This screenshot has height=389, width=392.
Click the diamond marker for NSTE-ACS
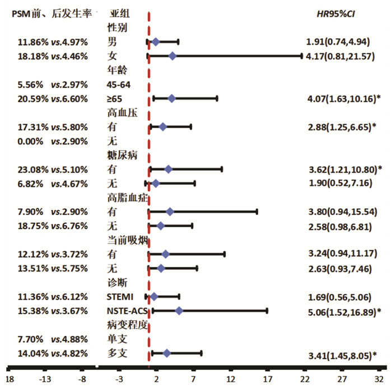179,311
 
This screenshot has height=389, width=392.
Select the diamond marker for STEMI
154,297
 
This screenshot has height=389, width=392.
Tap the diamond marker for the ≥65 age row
171,99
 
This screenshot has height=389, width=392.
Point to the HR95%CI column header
336,14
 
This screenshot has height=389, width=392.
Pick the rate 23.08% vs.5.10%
53,170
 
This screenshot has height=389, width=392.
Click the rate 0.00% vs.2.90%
53,142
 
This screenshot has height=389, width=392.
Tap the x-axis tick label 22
305,379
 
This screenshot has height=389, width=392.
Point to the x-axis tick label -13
45,379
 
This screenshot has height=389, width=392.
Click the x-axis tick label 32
379,379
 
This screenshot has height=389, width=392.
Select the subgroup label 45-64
119,85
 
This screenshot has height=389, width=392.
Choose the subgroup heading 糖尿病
122,156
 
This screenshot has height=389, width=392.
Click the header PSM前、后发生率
52,14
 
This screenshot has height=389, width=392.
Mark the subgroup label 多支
117,353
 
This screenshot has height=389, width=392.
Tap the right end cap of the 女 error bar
301,56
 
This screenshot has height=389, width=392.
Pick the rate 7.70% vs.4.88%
53,340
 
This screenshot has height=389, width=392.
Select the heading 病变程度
127,325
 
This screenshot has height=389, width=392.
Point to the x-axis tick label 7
193,379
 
